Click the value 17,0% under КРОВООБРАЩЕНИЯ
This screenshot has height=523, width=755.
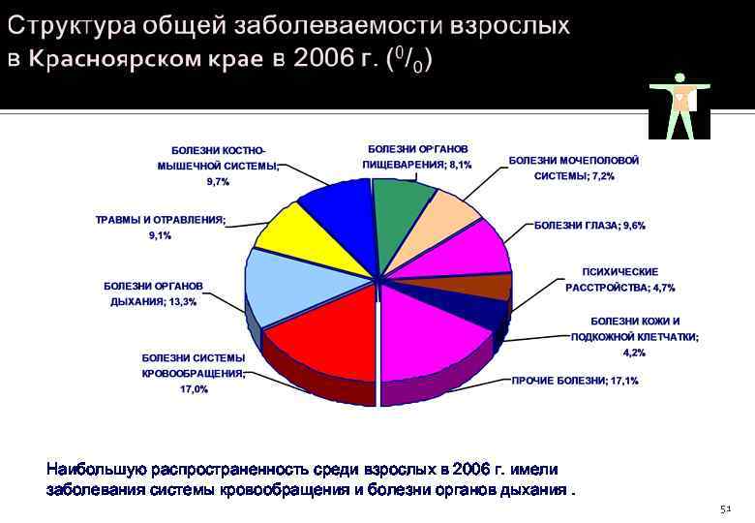[x=194, y=389]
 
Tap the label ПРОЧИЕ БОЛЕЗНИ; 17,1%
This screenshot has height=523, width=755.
[x=575, y=381]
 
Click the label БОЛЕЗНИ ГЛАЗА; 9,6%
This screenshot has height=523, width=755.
[x=589, y=225]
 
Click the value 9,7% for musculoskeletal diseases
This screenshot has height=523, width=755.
[x=218, y=181]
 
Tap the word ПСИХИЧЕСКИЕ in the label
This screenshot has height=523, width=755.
[x=619, y=272]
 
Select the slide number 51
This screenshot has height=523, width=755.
[x=727, y=508]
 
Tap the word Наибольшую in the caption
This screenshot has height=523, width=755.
[x=94, y=470]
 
